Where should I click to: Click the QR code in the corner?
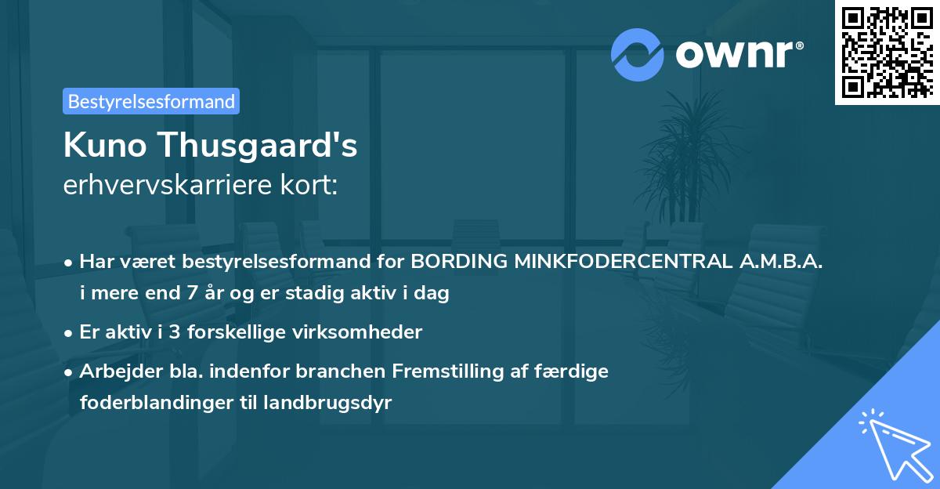(887, 52)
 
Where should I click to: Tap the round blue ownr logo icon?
(638, 54)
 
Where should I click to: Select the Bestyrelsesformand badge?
(151, 101)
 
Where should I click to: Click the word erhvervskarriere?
(168, 186)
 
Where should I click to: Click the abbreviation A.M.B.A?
(780, 261)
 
